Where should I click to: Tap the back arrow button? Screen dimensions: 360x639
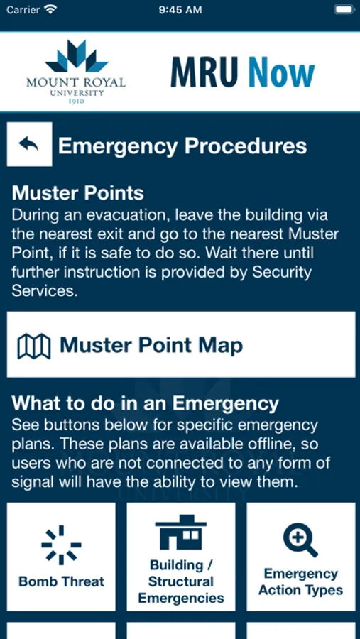pyautogui.click(x=29, y=144)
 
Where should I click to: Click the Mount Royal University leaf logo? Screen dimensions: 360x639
pyautogui.click(x=76, y=56)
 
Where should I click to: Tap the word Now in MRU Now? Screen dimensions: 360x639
pyautogui.click(x=282, y=72)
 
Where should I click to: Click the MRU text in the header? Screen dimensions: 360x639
pyautogui.click(x=204, y=72)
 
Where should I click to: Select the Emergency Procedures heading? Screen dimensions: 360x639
pyautogui.click(x=182, y=146)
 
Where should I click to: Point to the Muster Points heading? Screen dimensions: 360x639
pyautogui.click(x=78, y=193)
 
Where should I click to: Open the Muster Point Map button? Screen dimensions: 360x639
pyautogui.click(x=181, y=345)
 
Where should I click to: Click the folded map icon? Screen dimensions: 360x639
pyautogui.click(x=34, y=346)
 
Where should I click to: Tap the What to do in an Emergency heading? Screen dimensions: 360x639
pyautogui.click(x=145, y=403)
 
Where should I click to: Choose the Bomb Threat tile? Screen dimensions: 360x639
pyautogui.click(x=61, y=557)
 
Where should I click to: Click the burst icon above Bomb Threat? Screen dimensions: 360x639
pyautogui.click(x=61, y=545)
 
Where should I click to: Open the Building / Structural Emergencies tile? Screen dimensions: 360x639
pyautogui.click(x=181, y=557)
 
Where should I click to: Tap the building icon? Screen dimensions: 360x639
pyautogui.click(x=181, y=532)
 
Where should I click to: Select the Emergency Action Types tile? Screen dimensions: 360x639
pyautogui.click(x=301, y=557)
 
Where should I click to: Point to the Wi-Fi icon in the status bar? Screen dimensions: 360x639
pyautogui.click(x=50, y=10)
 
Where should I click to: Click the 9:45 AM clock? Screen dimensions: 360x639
pyautogui.click(x=180, y=10)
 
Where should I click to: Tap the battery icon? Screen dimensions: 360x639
pyautogui.click(x=344, y=10)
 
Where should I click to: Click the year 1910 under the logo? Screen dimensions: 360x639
pyautogui.click(x=76, y=102)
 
